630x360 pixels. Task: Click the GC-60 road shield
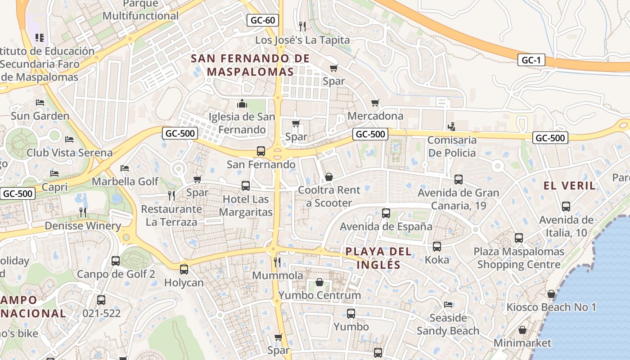tap(263, 20)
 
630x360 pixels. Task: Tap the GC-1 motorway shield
tap(531, 60)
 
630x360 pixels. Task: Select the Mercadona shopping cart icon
tap(375, 103)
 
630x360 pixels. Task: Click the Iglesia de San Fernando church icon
tap(242, 104)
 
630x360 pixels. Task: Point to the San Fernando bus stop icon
tap(261, 151)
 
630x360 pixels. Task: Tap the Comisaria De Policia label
tap(451, 146)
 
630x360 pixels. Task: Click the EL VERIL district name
tap(569, 185)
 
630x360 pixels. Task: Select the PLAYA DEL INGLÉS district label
tap(378, 258)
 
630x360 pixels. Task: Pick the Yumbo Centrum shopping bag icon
tap(319, 282)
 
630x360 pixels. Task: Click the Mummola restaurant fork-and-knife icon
tap(277, 262)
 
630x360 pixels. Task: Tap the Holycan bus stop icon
tap(184, 270)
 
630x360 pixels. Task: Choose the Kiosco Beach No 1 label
tap(551, 307)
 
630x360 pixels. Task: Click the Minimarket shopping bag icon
tap(522, 330)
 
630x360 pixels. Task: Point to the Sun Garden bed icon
tap(40, 103)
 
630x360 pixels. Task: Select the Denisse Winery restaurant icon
tap(82, 212)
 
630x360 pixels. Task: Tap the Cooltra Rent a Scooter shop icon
tap(329, 177)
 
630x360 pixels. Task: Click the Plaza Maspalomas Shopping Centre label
tap(518, 258)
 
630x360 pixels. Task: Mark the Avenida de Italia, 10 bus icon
tap(566, 207)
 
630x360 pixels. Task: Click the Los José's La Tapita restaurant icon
tap(302, 26)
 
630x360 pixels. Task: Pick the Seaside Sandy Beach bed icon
tap(448, 305)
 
